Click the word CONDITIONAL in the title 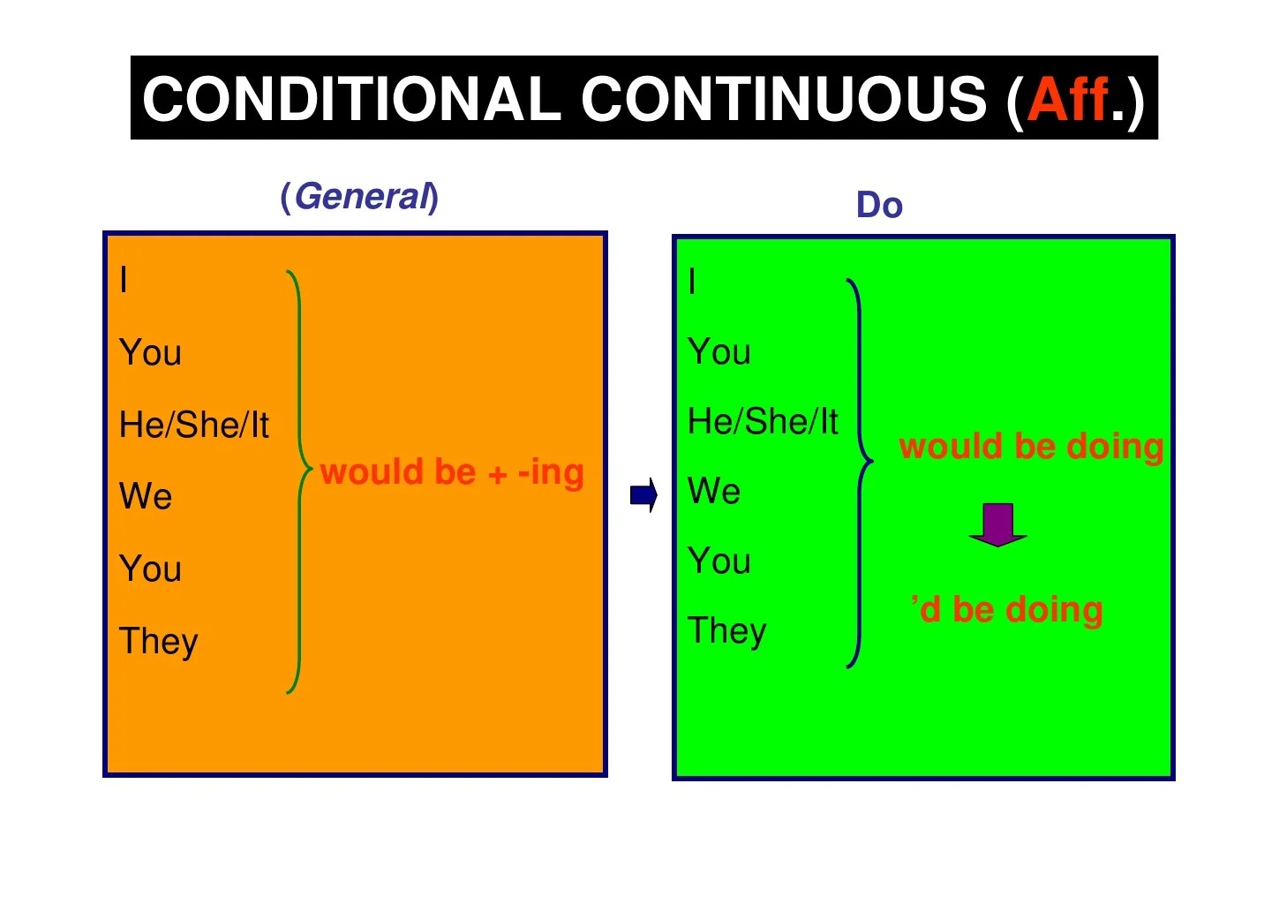(351, 98)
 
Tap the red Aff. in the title (1068, 98)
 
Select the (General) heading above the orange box (359, 196)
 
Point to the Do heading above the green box (879, 205)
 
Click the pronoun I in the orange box (124, 280)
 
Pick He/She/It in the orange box (194, 425)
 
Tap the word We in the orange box (146, 496)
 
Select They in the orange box (159, 641)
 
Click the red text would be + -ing (452, 472)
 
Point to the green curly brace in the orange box (298, 481)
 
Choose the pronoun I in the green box (692, 282)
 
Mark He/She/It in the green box (763, 421)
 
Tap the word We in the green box (714, 491)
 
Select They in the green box (727, 631)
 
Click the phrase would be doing (1031, 447)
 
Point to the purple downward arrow (997, 524)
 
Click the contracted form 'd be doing (1007, 610)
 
